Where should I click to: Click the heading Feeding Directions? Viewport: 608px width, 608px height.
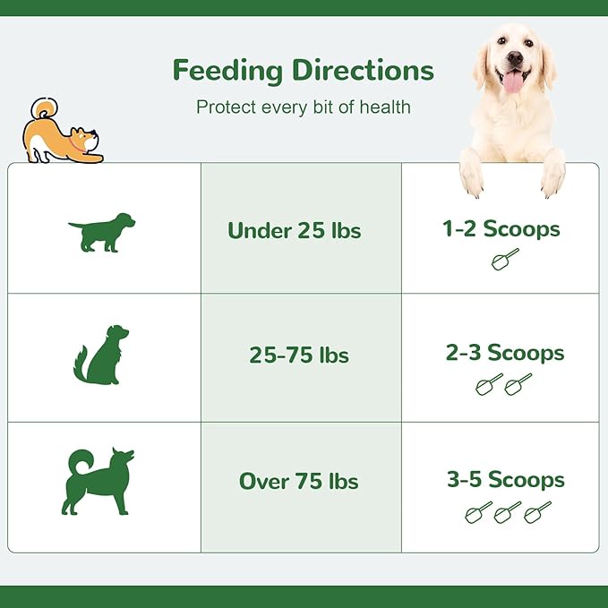click(x=303, y=70)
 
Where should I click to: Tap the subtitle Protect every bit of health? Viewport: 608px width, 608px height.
click(x=303, y=107)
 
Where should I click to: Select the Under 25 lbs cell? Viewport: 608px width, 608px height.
click(x=294, y=230)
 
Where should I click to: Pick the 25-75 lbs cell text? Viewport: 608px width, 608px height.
click(x=299, y=355)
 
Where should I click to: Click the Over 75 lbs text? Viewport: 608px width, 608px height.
click(x=298, y=481)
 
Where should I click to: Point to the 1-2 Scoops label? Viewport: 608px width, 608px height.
click(x=501, y=228)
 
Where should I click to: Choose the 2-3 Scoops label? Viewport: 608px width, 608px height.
click(x=505, y=353)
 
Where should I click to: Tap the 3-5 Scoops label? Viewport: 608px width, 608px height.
click(x=506, y=479)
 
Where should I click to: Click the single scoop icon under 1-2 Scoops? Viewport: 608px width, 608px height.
click(x=504, y=260)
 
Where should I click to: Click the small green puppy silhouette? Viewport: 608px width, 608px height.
click(x=101, y=232)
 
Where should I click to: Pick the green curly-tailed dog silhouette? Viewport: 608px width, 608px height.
click(x=97, y=481)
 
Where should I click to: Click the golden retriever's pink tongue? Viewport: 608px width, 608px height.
click(x=513, y=82)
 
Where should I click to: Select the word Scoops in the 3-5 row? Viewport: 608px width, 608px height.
click(x=527, y=479)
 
